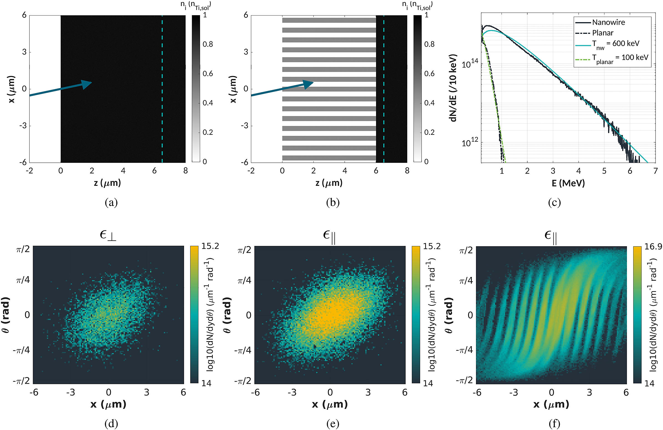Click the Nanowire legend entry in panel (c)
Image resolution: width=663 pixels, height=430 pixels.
point(608,22)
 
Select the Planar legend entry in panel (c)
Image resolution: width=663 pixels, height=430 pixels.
point(603,33)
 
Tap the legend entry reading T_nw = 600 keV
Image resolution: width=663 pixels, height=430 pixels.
point(615,44)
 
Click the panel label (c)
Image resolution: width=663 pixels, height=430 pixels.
point(554,202)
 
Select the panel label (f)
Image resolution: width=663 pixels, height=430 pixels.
point(554,423)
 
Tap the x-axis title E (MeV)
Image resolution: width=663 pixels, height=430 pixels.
point(568,183)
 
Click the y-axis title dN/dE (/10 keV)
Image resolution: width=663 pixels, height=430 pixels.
point(453,88)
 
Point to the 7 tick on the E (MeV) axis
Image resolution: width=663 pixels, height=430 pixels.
point(655,171)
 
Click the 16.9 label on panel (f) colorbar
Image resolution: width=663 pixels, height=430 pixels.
point(653,246)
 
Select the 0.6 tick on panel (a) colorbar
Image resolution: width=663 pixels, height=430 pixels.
point(208,73)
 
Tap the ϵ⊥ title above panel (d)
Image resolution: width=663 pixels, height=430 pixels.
point(108,235)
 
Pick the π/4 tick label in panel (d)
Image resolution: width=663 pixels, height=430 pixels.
point(23,280)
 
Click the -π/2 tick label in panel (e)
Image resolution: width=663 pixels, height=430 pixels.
point(243,381)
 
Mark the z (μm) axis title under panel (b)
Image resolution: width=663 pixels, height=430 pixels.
point(329,183)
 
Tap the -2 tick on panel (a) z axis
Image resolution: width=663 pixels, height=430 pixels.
point(29,171)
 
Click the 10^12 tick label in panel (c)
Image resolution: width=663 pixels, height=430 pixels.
point(470,143)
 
